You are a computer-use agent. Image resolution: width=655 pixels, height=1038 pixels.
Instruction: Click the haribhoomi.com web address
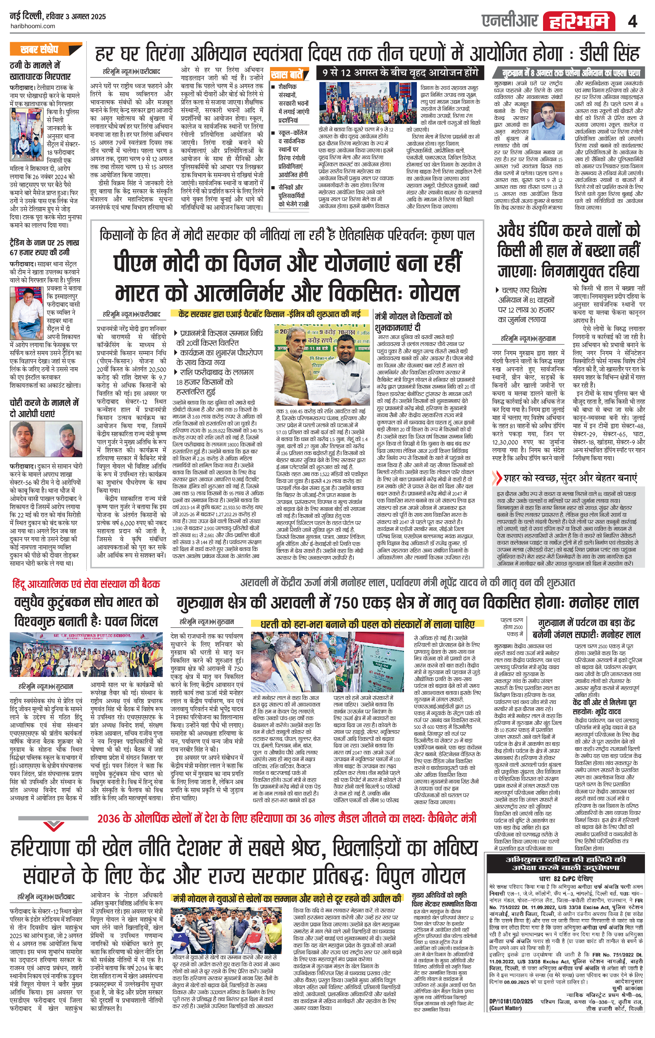32,26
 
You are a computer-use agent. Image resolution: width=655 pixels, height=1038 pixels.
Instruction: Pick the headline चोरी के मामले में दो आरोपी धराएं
44,408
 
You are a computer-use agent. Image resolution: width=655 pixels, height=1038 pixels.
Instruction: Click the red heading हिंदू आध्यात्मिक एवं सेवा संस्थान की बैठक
86,584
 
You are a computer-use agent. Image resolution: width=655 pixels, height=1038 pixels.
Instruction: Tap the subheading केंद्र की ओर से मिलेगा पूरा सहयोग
605,707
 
